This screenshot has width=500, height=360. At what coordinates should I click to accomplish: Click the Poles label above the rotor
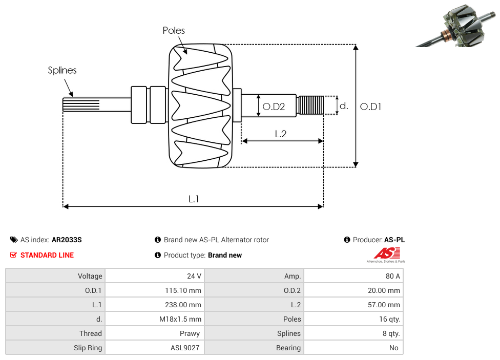click(174, 31)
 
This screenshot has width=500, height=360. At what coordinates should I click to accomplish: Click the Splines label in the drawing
click(62, 71)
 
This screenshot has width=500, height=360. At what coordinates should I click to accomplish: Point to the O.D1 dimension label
click(370, 107)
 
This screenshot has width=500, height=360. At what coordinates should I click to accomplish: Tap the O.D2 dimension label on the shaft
click(273, 107)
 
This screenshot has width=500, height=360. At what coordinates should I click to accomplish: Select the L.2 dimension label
click(280, 134)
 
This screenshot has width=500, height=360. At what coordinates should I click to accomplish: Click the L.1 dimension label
click(193, 199)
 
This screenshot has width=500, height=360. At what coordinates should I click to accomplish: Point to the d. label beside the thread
click(344, 106)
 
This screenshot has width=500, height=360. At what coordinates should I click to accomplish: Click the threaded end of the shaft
click(310, 105)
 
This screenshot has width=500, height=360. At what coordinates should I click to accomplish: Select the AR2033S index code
click(67, 240)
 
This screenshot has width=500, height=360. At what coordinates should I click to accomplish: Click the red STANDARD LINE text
click(47, 255)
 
